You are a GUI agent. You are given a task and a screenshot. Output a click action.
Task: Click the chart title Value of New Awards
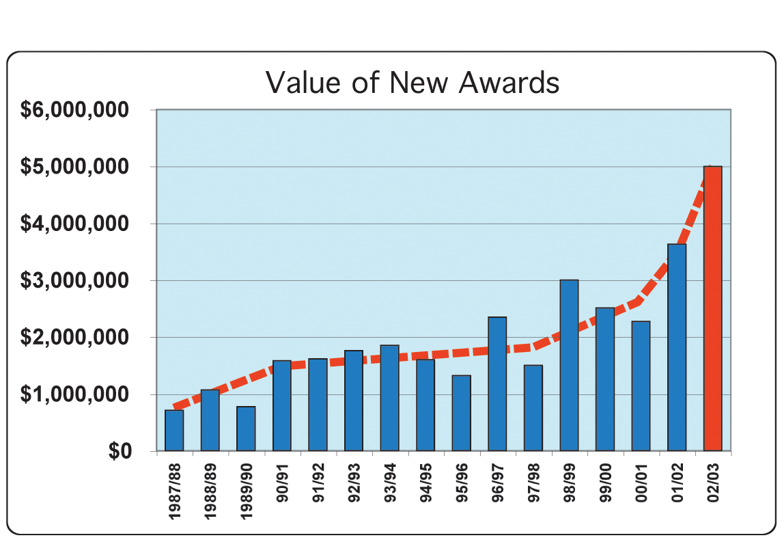413,83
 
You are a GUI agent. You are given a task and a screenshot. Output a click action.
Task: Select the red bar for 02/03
712,308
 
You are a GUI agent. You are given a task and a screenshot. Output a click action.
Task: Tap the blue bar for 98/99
569,366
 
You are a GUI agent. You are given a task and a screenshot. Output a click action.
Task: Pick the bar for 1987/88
174,431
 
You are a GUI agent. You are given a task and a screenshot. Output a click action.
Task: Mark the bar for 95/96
461,414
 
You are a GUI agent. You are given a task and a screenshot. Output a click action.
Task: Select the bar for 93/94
389,398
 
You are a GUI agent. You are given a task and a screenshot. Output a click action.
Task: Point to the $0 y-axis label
114,452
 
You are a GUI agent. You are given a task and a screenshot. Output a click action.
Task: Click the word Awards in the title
509,83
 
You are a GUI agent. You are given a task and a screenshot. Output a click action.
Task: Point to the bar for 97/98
533,408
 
